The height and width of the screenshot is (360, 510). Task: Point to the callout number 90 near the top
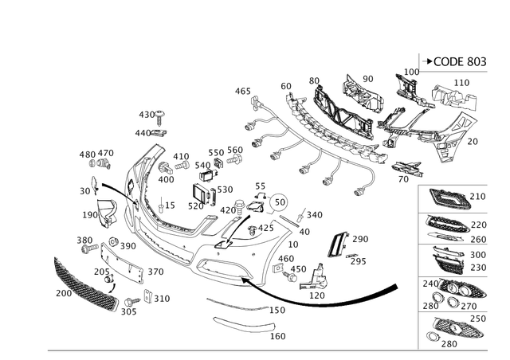pos(367,78)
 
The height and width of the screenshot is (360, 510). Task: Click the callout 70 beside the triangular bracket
pos(473,141)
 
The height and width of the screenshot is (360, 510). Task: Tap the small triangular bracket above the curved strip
pos(318,278)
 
